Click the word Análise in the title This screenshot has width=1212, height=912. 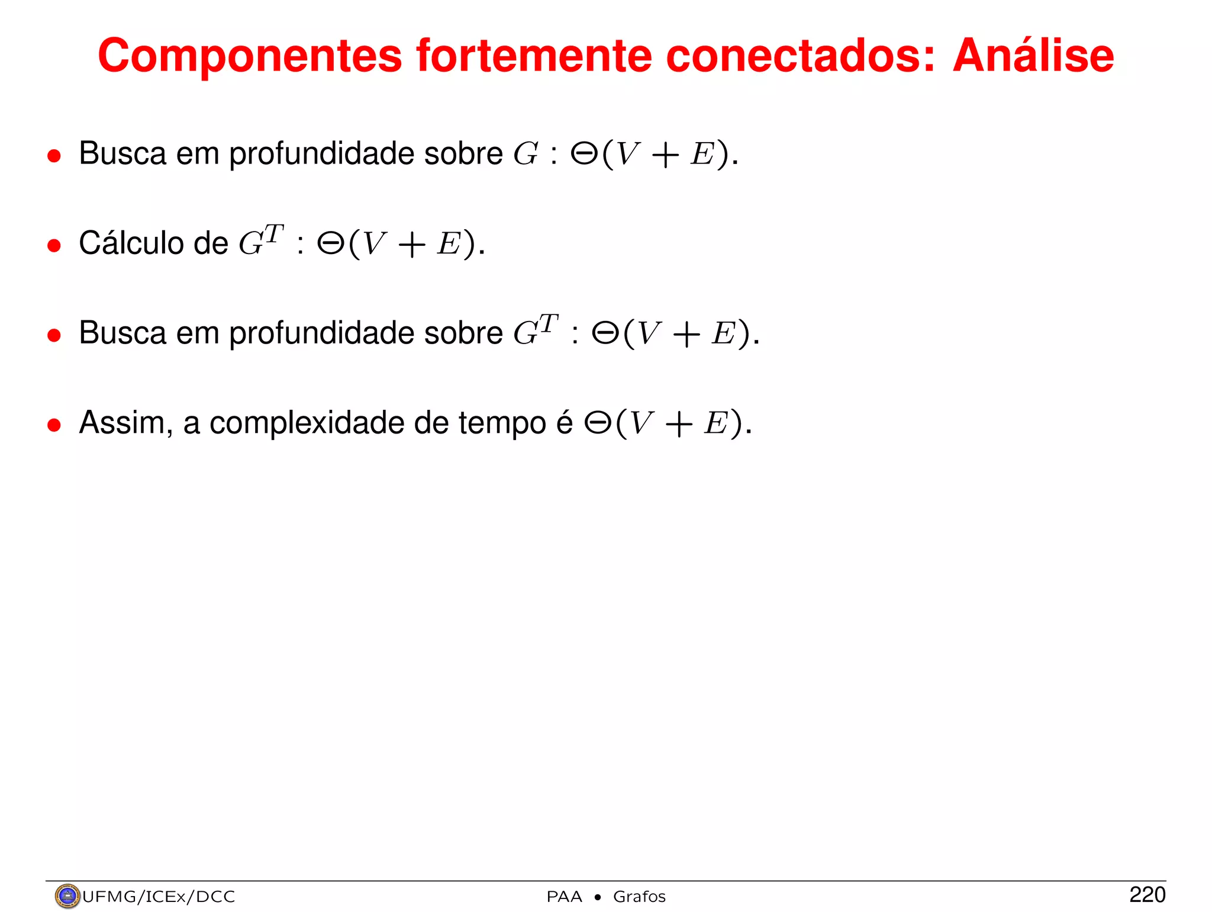[x=1033, y=56]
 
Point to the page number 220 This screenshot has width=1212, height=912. [x=1147, y=895]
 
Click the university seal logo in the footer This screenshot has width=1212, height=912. [x=67, y=896]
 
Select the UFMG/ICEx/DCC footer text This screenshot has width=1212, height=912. [x=159, y=897]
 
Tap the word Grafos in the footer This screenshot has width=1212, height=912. [x=639, y=897]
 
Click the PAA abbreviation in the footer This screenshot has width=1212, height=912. [x=564, y=897]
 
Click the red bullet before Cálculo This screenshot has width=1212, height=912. [x=54, y=245]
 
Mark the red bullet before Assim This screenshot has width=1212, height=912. [x=54, y=425]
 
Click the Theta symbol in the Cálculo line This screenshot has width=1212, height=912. [x=330, y=243]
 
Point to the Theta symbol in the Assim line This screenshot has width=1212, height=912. [x=598, y=423]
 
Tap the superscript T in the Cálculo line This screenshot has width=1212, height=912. [x=274, y=233]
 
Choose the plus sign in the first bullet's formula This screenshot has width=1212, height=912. [x=665, y=155]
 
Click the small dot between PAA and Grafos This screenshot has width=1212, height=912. [x=598, y=897]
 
